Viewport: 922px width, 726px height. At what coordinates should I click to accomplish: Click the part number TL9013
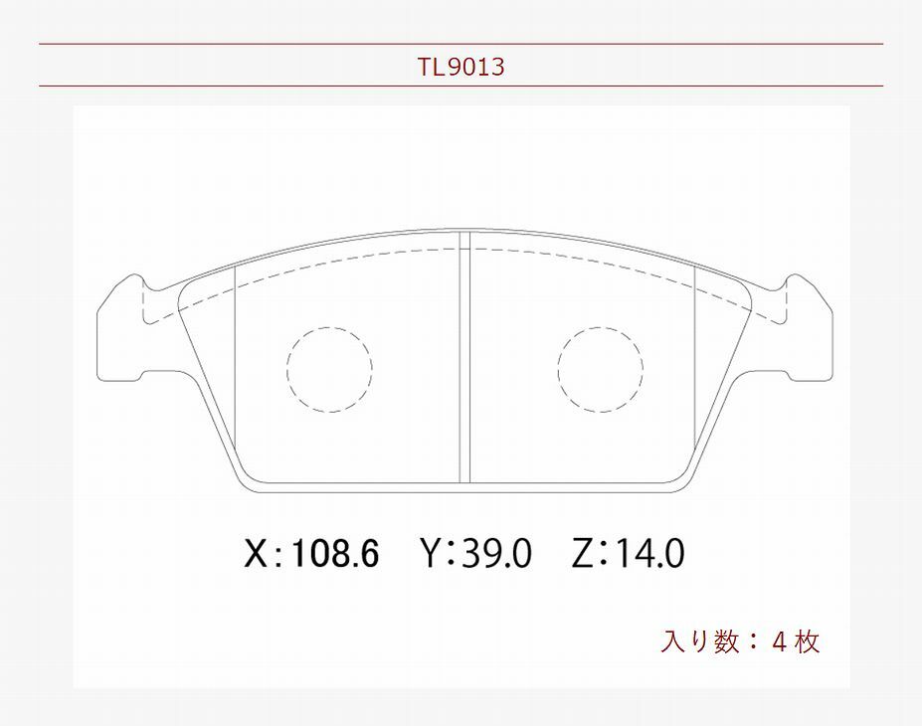pos(461,67)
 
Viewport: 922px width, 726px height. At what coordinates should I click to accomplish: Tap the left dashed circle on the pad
pos(287,369)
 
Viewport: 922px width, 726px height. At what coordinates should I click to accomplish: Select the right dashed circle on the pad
pos(559,369)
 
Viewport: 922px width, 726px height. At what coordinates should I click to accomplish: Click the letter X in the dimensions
pos(256,553)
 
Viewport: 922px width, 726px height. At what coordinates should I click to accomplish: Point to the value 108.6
pos(334,553)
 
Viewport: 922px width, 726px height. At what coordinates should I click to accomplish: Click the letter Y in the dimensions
pos(431,553)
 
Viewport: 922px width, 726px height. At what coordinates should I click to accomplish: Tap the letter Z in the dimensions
pos(583,553)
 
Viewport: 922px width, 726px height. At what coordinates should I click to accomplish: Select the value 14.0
pos(649,553)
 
